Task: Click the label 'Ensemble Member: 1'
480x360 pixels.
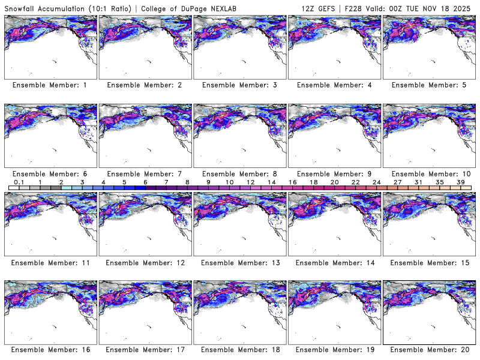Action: point(49,85)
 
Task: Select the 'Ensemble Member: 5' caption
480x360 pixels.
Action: point(428,85)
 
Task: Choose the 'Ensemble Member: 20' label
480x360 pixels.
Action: point(428,349)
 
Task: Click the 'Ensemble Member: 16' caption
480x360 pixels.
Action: point(49,349)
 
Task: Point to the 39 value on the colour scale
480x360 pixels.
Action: point(461,182)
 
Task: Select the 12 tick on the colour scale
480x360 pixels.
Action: point(250,182)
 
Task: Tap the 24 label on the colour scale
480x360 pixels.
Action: point(376,182)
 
